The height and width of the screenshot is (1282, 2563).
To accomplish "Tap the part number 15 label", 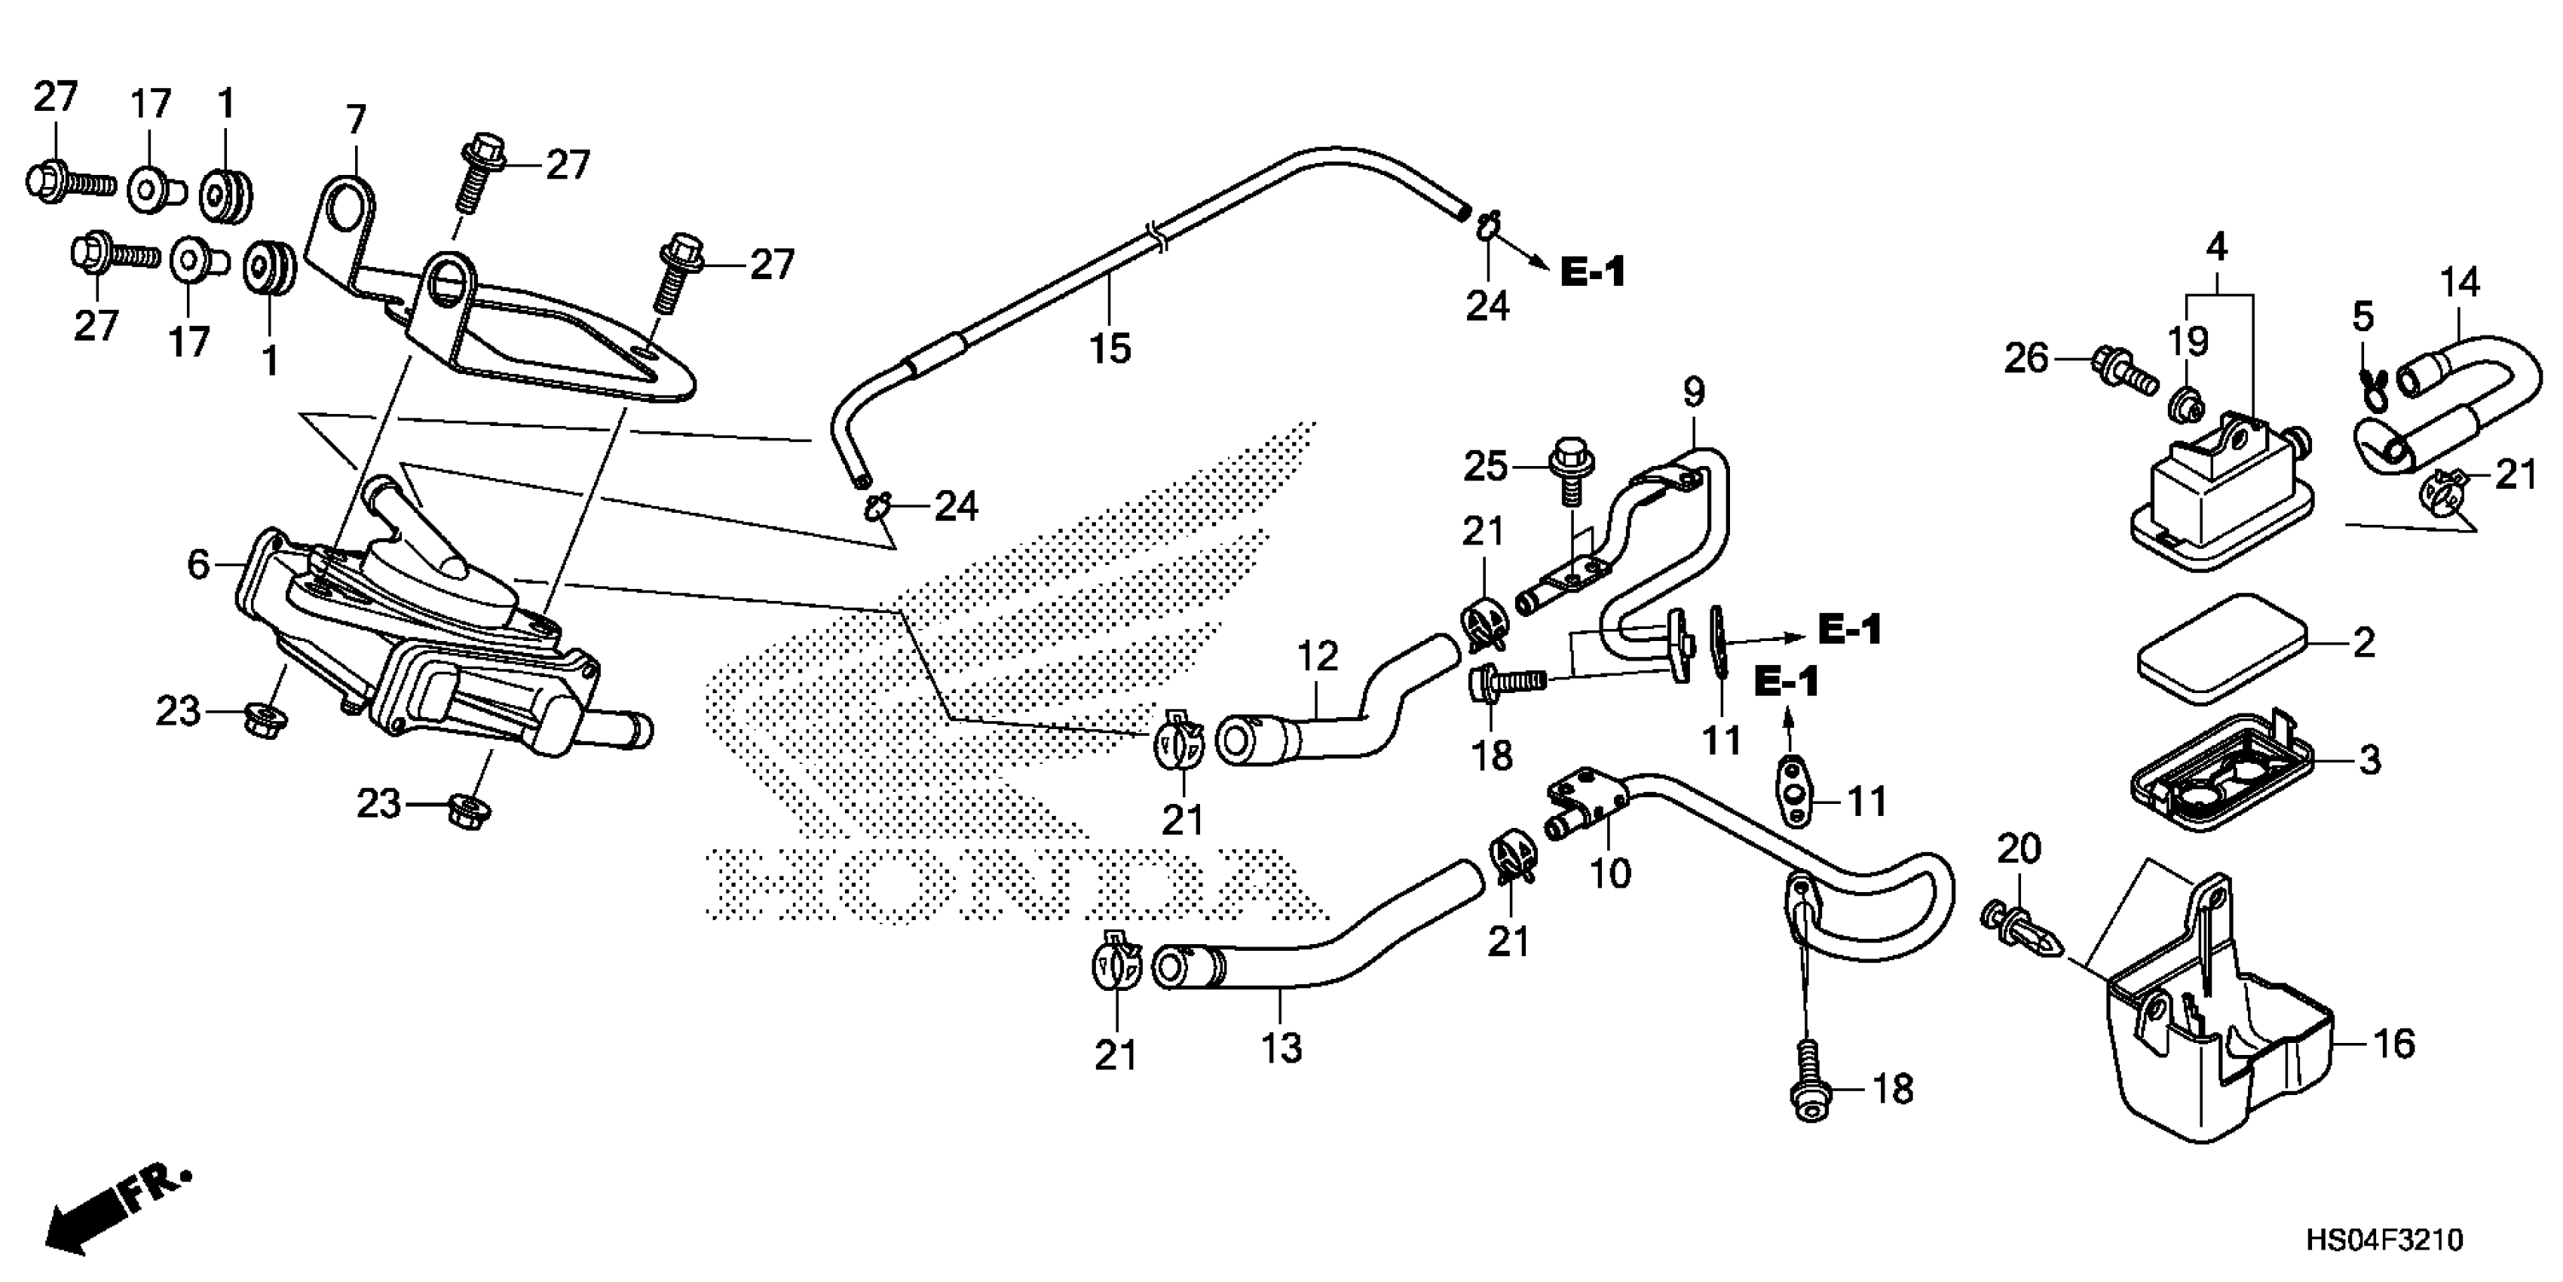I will click(1110, 348).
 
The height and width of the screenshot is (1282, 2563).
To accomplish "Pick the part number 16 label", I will click(2395, 1043).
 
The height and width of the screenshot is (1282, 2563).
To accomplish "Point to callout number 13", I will click(1281, 1048).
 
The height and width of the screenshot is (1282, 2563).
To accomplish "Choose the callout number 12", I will click(1318, 656).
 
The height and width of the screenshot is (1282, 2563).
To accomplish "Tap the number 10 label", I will click(1611, 873).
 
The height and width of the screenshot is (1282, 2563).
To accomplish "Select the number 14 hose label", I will click(2460, 284).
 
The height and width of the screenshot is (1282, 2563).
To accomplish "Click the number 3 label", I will click(2370, 760).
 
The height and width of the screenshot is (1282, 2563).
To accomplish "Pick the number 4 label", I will click(2215, 247).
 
